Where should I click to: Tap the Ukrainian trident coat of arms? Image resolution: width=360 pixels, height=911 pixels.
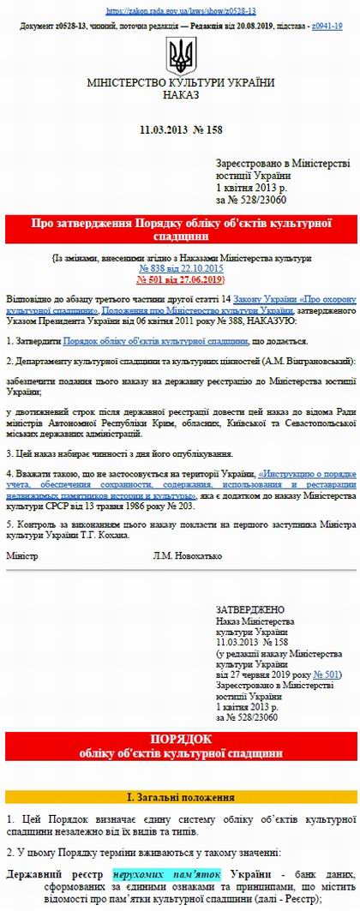pyautogui.click(x=180, y=57)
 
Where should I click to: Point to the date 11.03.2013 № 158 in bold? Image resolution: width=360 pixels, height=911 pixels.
pyautogui.click(x=180, y=129)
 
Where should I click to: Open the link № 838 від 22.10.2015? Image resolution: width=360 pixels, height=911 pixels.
pyautogui.click(x=180, y=268)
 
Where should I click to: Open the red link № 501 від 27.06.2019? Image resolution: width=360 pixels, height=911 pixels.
pyautogui.click(x=180, y=279)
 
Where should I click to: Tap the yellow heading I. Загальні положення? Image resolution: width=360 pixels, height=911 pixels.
pyautogui.click(x=180, y=797)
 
